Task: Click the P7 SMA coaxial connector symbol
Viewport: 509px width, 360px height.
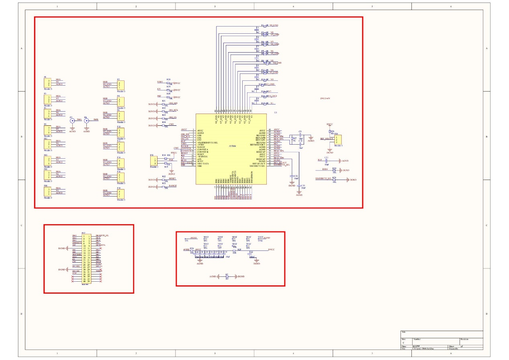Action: coord(72,121)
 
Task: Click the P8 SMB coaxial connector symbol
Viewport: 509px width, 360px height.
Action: coord(86,121)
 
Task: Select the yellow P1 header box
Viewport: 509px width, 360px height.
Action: coord(47,82)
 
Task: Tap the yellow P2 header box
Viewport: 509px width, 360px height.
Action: coord(121,85)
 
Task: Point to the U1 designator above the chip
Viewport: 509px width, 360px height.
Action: coord(276,113)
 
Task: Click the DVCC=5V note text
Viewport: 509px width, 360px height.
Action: coord(325,98)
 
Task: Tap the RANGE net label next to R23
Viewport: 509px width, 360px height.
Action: coord(173,186)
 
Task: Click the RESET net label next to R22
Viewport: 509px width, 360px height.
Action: coord(172,178)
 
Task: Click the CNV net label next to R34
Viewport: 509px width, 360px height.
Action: coord(172,125)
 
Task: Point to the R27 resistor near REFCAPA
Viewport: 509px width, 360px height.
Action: coord(294,139)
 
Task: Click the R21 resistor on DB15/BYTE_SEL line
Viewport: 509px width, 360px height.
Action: coord(334,180)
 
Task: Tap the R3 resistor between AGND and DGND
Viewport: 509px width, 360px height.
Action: coord(227,276)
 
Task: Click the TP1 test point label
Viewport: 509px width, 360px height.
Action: coord(186,241)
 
